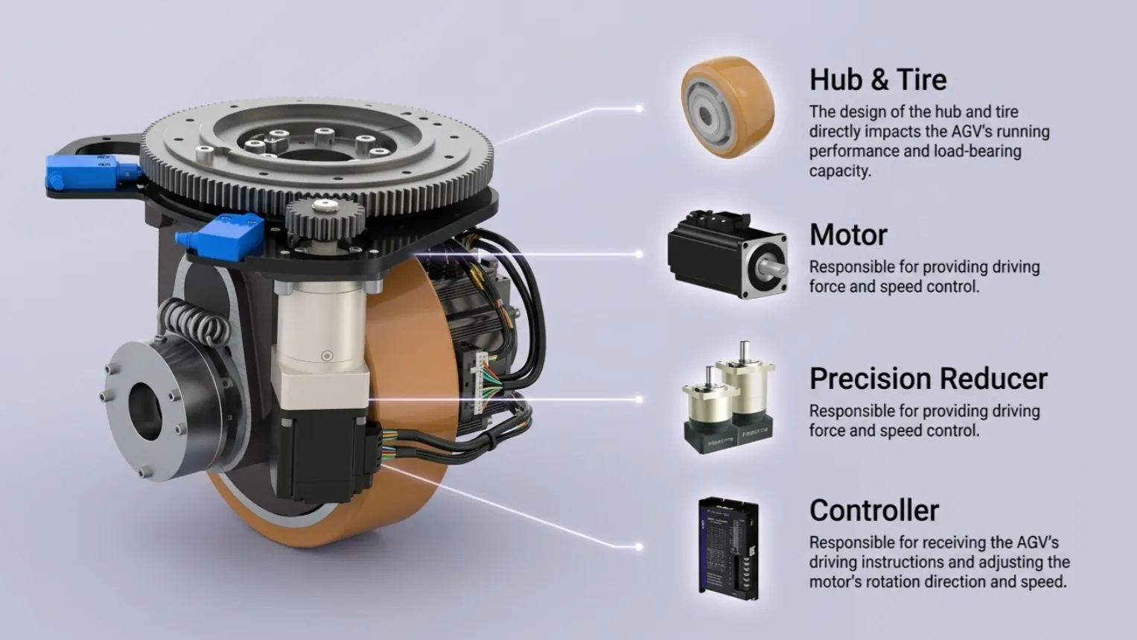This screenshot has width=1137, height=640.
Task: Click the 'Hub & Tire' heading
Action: pos(878,80)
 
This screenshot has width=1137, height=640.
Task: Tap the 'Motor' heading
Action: pos(848,235)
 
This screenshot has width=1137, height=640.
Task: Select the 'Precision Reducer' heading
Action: pos(928,378)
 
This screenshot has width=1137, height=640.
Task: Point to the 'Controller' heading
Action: pos(873,510)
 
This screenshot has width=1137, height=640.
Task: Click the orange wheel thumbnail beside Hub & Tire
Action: pos(727,107)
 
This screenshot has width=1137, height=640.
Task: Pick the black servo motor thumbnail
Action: pos(725,254)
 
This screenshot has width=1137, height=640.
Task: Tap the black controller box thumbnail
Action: pos(728,545)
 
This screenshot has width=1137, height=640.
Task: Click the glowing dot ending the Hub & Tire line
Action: pos(639,109)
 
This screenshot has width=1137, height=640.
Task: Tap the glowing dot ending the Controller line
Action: pos(639,547)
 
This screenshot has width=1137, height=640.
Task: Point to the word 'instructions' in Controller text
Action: pos(900,562)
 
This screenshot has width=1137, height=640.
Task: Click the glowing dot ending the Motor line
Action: pos(639,254)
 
